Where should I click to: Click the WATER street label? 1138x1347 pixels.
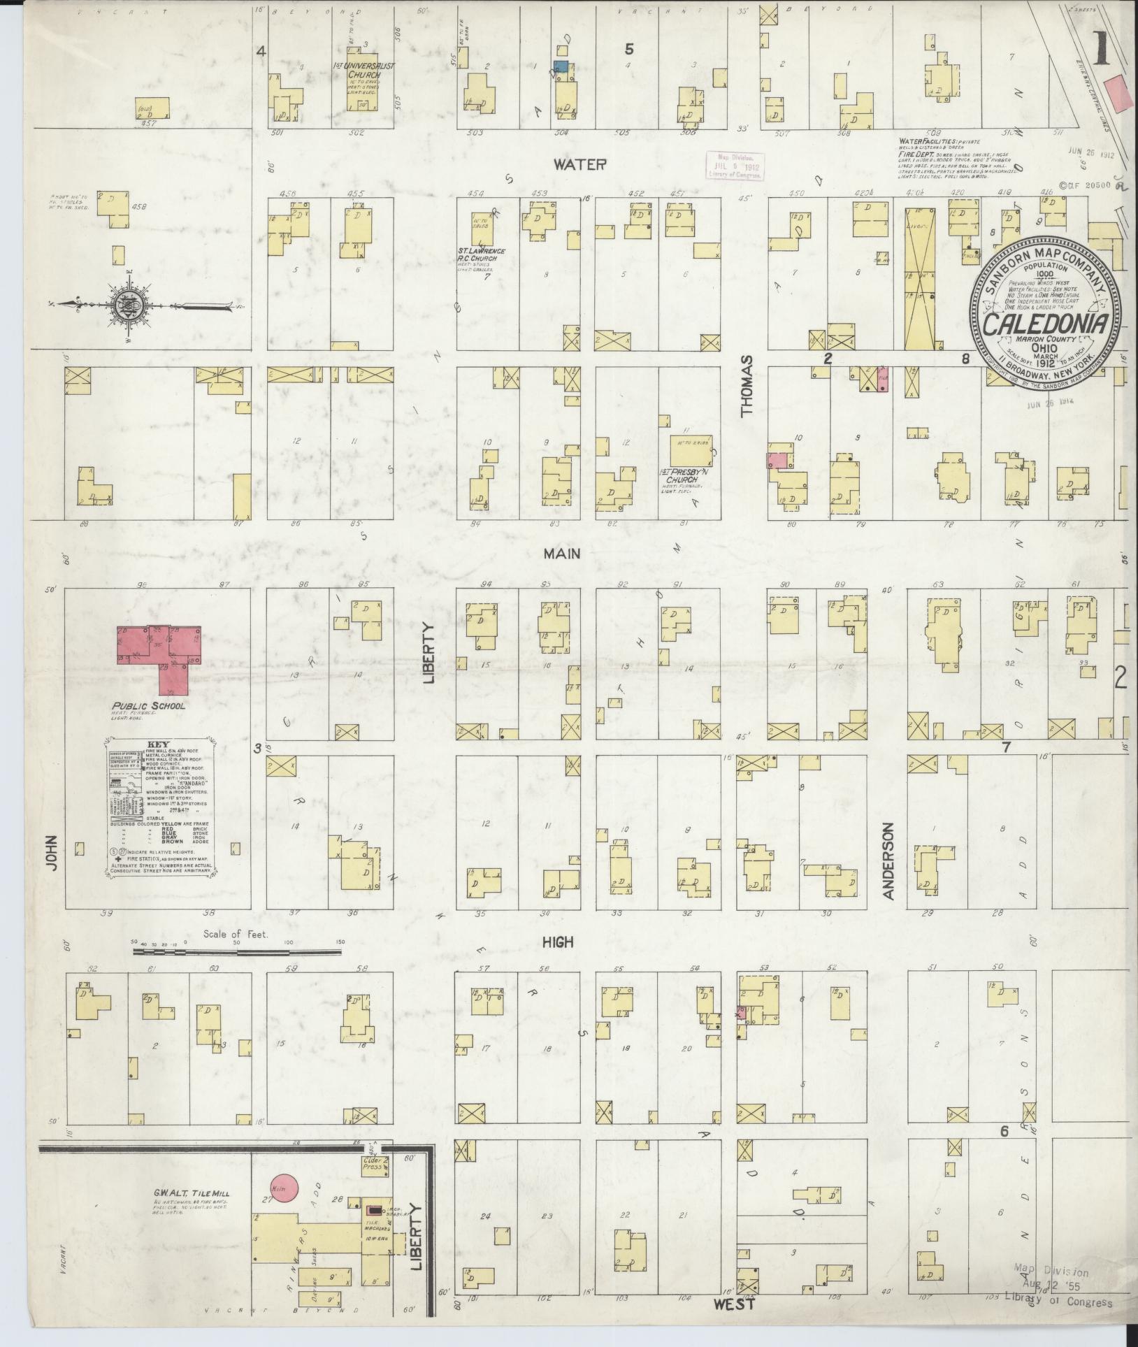click(579, 165)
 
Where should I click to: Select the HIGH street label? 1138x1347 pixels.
click(558, 942)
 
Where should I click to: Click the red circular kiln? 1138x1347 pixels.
click(283, 1186)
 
